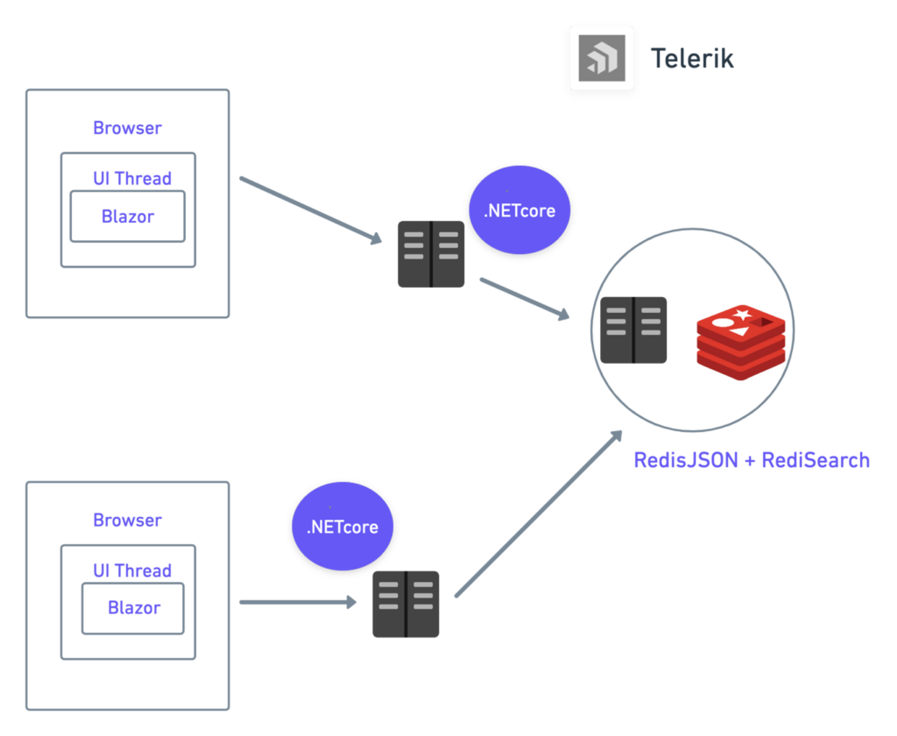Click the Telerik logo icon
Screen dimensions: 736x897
(602, 58)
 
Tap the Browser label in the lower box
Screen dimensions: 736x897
(127, 520)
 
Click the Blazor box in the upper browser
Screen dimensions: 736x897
(128, 216)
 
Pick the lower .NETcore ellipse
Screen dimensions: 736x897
(342, 526)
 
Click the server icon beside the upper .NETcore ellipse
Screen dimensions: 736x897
(431, 254)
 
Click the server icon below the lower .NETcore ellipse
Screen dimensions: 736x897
(406, 604)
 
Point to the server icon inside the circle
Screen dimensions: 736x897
(633, 330)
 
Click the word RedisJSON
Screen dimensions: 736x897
(685, 461)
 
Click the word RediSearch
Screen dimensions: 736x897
(816, 461)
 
